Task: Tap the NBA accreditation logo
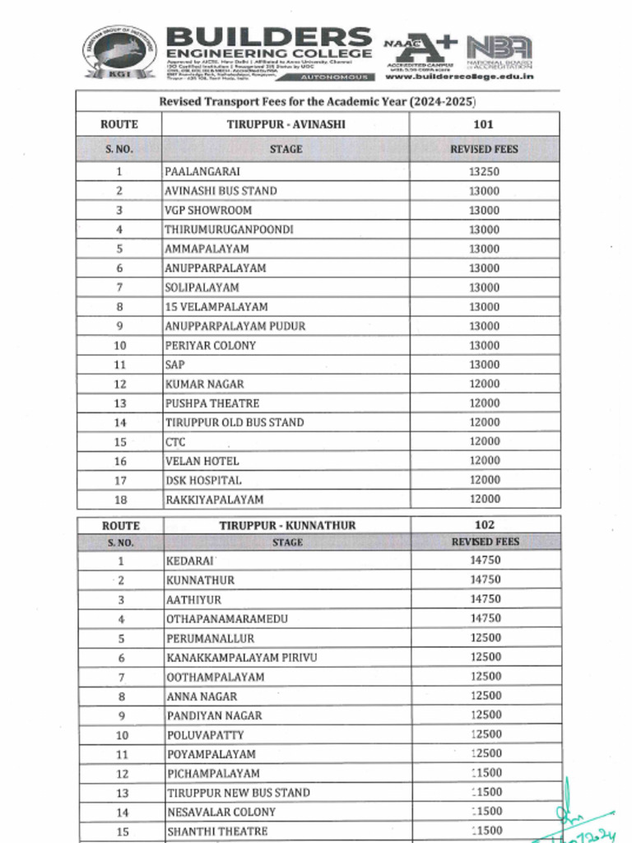500,49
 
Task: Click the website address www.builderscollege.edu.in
459,76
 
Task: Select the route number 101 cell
484,124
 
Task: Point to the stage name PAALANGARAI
202,172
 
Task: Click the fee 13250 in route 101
484,172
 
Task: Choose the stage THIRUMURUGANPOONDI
229,230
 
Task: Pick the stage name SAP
175,365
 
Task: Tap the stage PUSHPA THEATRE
212,403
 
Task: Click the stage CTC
175,442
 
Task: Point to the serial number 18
120,500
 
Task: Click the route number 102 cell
485,524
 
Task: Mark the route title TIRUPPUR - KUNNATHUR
287,525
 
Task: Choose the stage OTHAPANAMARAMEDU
227,618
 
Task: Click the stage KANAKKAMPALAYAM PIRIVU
241,658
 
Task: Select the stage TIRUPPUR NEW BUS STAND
239,793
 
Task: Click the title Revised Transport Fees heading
318,101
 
